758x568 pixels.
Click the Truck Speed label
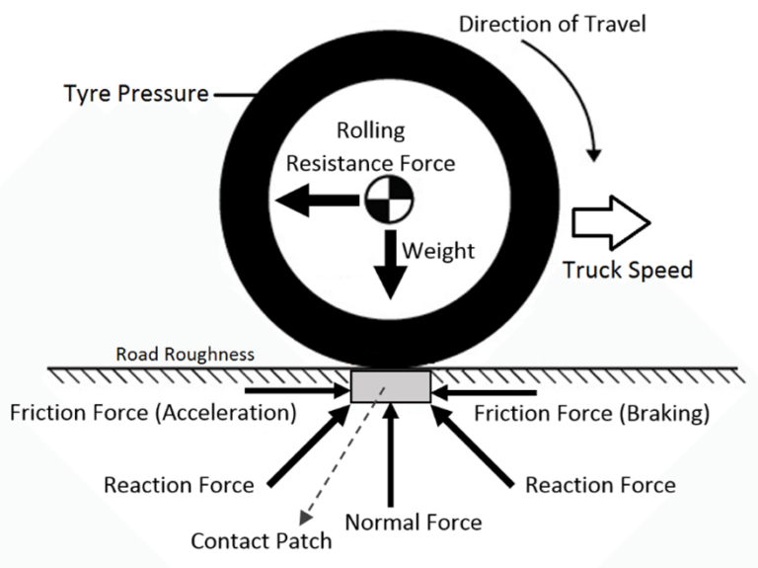pyautogui.click(x=628, y=269)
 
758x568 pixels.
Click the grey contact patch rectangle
pyautogui.click(x=390, y=385)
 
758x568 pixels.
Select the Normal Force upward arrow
pyautogui.click(x=392, y=454)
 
